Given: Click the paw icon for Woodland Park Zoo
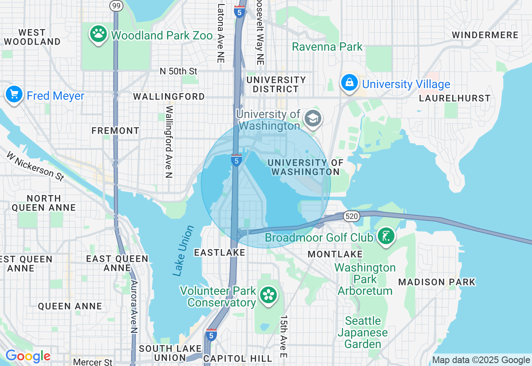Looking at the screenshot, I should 99,34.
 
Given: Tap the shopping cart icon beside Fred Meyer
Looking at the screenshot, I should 14,94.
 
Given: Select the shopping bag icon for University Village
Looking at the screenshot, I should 350,83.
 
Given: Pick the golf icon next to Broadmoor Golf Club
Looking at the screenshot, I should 386,236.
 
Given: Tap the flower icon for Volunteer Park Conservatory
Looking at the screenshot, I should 268,295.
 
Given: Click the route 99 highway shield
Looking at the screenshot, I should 116,5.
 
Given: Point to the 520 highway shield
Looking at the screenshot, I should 351,216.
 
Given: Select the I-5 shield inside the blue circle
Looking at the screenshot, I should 236,160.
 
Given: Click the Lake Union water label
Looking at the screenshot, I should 184,251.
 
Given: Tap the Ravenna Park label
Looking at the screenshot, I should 327,47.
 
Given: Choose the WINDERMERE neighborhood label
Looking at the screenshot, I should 485,35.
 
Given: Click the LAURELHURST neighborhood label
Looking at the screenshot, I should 455,99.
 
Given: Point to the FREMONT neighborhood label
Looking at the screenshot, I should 116,131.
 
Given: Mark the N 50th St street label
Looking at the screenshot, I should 178,72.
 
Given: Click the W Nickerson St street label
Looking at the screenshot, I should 35,166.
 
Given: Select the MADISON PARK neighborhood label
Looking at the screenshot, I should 437,282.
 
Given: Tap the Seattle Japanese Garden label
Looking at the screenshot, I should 362,332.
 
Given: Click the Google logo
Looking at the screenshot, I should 28,356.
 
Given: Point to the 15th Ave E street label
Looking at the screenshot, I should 283,336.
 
